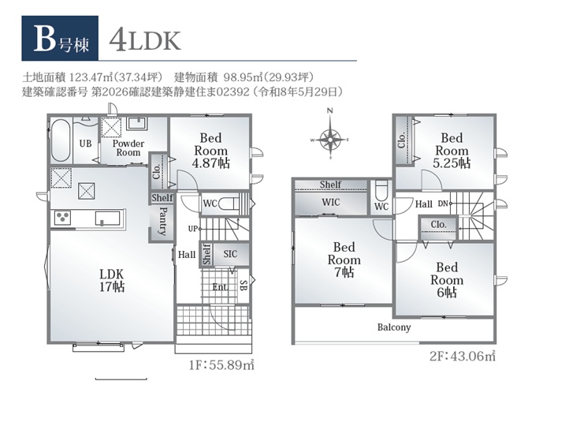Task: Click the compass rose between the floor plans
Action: [x=330, y=139]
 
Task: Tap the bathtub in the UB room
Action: [x=61, y=140]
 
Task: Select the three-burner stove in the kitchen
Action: [x=62, y=218]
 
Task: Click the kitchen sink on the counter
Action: [x=107, y=218]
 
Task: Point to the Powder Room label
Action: [x=128, y=148]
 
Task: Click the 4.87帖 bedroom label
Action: [x=211, y=151]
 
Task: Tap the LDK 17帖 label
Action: [x=112, y=280]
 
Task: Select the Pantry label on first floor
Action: [x=162, y=221]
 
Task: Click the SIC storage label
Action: [x=230, y=254]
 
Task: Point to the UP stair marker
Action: [x=193, y=229]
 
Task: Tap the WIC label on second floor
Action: [x=330, y=202]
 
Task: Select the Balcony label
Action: [x=394, y=327]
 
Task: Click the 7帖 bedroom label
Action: [x=344, y=260]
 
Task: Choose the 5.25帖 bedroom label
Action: [x=452, y=151]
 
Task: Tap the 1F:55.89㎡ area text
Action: [x=221, y=364]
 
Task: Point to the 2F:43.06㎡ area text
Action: [x=463, y=357]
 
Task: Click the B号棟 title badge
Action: [x=60, y=38]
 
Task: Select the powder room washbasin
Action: [x=136, y=123]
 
